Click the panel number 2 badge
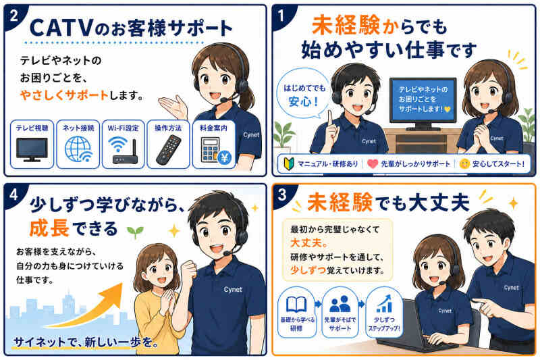(x=13, y=16)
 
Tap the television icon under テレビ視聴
(x=32, y=149)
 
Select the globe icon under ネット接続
(x=78, y=149)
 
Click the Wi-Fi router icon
(x=123, y=151)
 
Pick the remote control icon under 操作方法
(x=168, y=150)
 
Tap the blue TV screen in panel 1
(x=423, y=99)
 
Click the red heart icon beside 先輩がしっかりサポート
(x=373, y=163)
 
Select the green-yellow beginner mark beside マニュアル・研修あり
(x=288, y=163)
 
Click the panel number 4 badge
(x=13, y=195)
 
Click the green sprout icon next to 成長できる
(x=135, y=232)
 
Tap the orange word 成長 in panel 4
(x=49, y=228)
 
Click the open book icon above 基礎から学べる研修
(x=296, y=305)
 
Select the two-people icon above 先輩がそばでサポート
(x=340, y=304)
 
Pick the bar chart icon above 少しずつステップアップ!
(x=383, y=303)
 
